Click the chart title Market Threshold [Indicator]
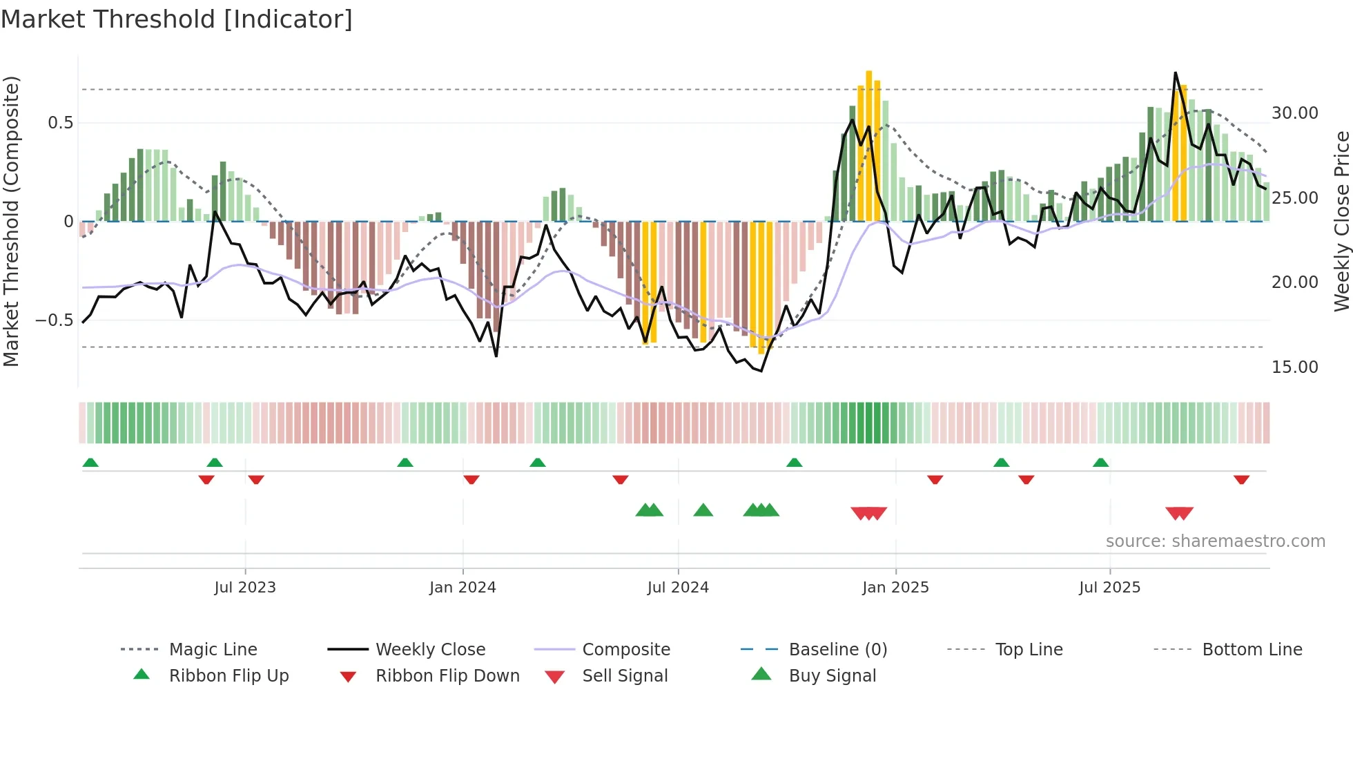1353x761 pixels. (177, 19)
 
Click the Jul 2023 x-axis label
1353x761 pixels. (244, 588)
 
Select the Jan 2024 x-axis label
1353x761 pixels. (463, 588)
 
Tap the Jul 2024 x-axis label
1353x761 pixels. (678, 588)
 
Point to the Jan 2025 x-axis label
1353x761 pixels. (895, 588)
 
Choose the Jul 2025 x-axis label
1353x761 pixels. (1109, 588)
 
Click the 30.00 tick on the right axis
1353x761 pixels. (1294, 113)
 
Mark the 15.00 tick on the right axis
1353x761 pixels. (1294, 367)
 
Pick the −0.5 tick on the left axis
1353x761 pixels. (54, 320)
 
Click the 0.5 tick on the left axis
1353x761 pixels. (60, 123)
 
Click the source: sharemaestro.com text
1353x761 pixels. (1215, 541)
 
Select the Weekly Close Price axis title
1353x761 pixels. (1341, 221)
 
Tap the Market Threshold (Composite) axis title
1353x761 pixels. (11, 221)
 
